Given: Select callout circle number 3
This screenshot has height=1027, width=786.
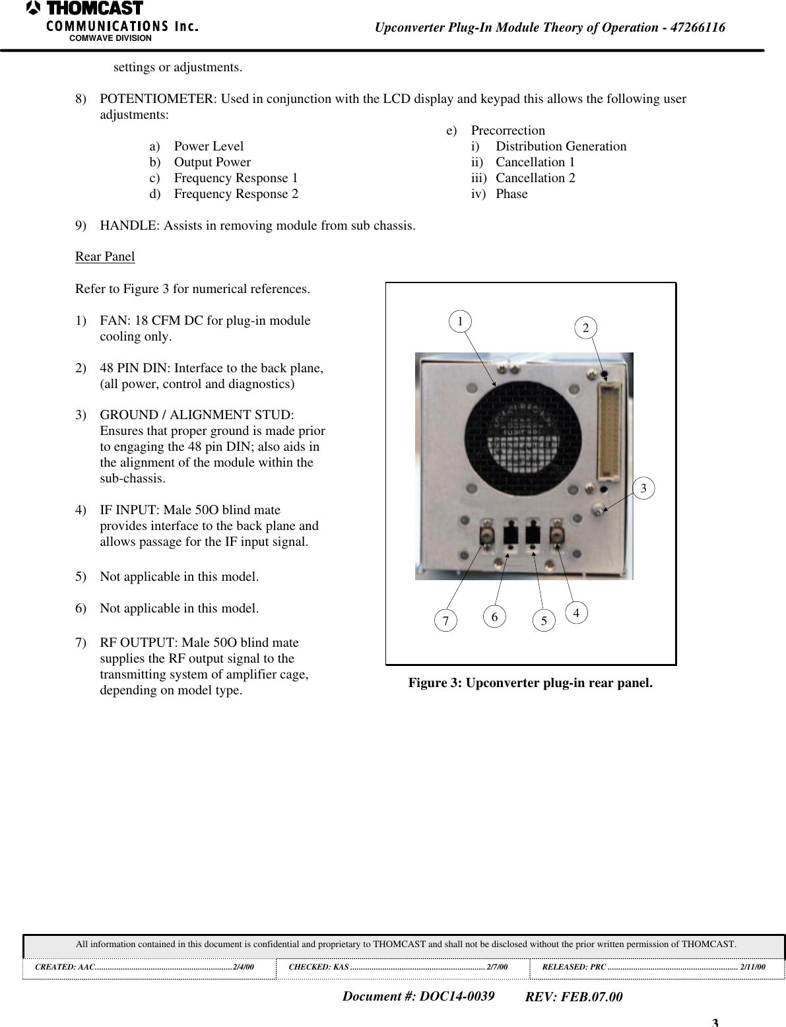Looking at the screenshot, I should [644, 488].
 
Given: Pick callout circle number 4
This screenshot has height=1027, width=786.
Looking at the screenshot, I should [576, 613].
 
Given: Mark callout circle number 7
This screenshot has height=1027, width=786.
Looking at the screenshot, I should [445, 620].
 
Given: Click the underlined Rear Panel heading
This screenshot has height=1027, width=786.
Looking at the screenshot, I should [105, 257].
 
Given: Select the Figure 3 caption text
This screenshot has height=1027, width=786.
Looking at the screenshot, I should [530, 682].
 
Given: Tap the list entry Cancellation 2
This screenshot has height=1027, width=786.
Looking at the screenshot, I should [535, 178].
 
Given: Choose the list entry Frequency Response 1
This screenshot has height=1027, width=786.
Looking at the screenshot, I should [236, 178].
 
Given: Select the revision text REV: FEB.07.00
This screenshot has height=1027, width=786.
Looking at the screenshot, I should [573, 997].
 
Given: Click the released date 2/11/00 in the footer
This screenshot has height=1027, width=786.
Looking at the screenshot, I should [752, 967].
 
